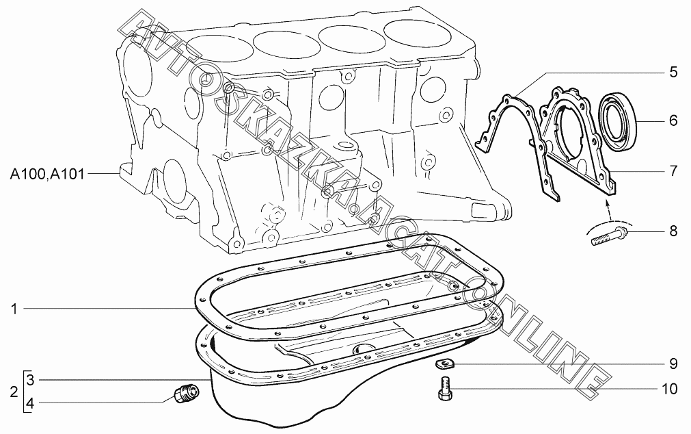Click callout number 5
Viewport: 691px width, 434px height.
coord(673,72)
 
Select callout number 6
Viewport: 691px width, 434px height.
coord(673,120)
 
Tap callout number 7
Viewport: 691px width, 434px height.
coord(673,171)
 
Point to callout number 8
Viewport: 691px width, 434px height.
coord(673,231)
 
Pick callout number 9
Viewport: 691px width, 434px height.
coord(673,363)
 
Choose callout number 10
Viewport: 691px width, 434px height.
coord(669,389)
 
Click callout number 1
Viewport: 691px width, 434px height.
coord(14,309)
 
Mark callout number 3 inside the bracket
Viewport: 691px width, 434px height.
coord(30,380)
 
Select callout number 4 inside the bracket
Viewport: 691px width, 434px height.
coord(30,403)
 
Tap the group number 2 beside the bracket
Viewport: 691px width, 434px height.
coord(14,392)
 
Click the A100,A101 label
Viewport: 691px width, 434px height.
coord(46,175)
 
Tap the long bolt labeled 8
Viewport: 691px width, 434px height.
coord(610,235)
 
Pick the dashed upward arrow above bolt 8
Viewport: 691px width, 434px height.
coord(608,211)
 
